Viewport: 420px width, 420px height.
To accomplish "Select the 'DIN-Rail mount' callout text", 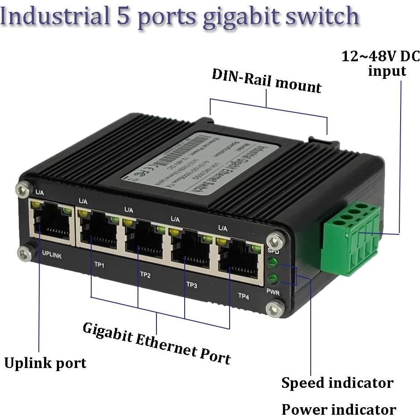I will tap(267, 80).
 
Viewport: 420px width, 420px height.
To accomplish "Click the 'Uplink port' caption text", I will tap(45, 363).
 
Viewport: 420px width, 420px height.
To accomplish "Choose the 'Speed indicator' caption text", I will tap(337, 383).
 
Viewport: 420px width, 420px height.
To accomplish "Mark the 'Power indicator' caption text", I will tap(338, 409).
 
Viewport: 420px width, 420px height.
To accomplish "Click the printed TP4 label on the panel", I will tap(243, 297).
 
